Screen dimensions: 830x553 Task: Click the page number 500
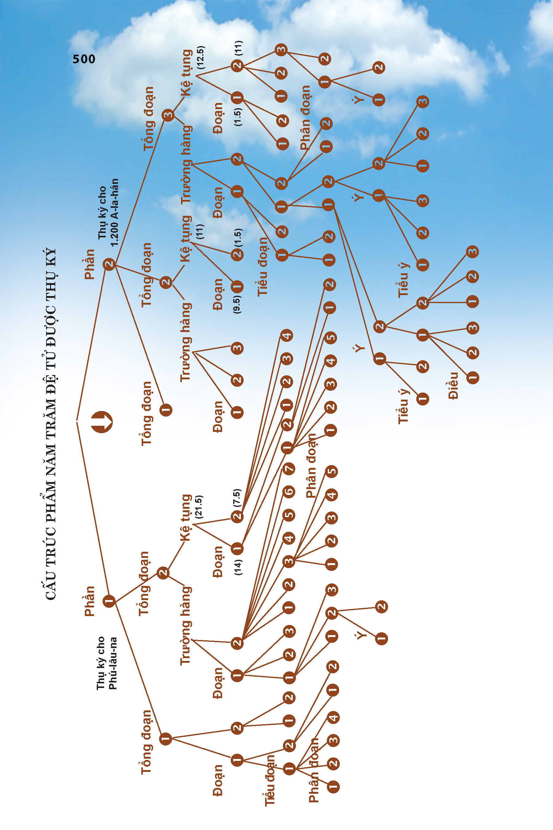(84, 59)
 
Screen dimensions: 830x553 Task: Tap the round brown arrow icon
(102, 421)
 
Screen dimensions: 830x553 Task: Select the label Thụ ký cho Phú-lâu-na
(107, 663)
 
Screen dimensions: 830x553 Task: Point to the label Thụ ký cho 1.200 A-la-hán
(108, 212)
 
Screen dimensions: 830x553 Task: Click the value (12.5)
(201, 57)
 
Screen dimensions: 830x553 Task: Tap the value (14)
(238, 567)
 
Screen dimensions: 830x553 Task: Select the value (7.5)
(237, 498)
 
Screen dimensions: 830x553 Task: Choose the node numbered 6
(289, 492)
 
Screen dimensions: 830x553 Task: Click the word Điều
(453, 386)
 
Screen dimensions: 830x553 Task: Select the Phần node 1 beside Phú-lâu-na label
(109, 601)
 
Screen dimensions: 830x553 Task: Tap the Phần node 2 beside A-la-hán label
(109, 264)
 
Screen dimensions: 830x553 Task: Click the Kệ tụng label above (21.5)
(186, 518)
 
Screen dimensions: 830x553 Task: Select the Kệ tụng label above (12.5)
(186, 73)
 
